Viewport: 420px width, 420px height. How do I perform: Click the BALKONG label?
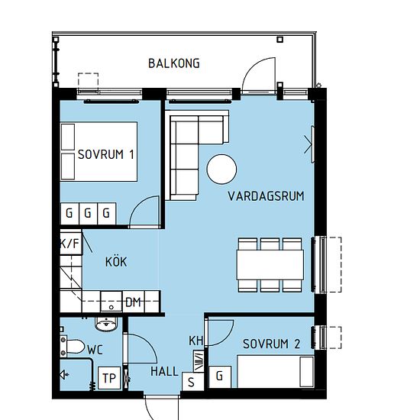(174, 63)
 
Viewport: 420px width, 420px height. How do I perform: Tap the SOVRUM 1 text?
(106, 154)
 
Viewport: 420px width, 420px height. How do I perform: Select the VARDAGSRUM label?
(266, 196)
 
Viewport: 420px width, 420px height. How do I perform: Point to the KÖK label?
(116, 262)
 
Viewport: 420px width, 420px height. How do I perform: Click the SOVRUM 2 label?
(271, 344)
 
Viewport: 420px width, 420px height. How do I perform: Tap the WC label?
(95, 350)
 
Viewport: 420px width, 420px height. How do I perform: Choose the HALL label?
(164, 372)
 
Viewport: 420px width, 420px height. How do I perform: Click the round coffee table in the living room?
(221, 170)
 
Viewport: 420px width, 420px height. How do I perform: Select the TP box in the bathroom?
(109, 378)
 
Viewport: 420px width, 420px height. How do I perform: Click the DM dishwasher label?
(133, 302)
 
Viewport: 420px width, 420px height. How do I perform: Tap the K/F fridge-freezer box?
(70, 243)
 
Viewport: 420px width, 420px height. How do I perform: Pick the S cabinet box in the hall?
(192, 381)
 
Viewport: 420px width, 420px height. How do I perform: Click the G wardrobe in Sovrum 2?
(220, 376)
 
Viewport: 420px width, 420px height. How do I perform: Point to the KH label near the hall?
(195, 341)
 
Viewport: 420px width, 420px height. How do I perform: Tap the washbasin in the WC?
(106, 325)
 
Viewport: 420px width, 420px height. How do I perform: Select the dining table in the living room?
(270, 265)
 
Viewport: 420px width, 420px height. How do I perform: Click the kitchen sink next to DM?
(111, 302)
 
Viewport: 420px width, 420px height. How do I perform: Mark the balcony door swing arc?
(255, 66)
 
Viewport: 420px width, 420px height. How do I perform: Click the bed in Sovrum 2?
(276, 372)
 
